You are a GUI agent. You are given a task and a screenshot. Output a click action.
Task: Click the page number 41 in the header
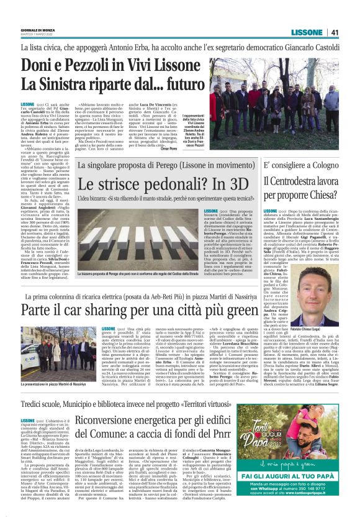point(335,32)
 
